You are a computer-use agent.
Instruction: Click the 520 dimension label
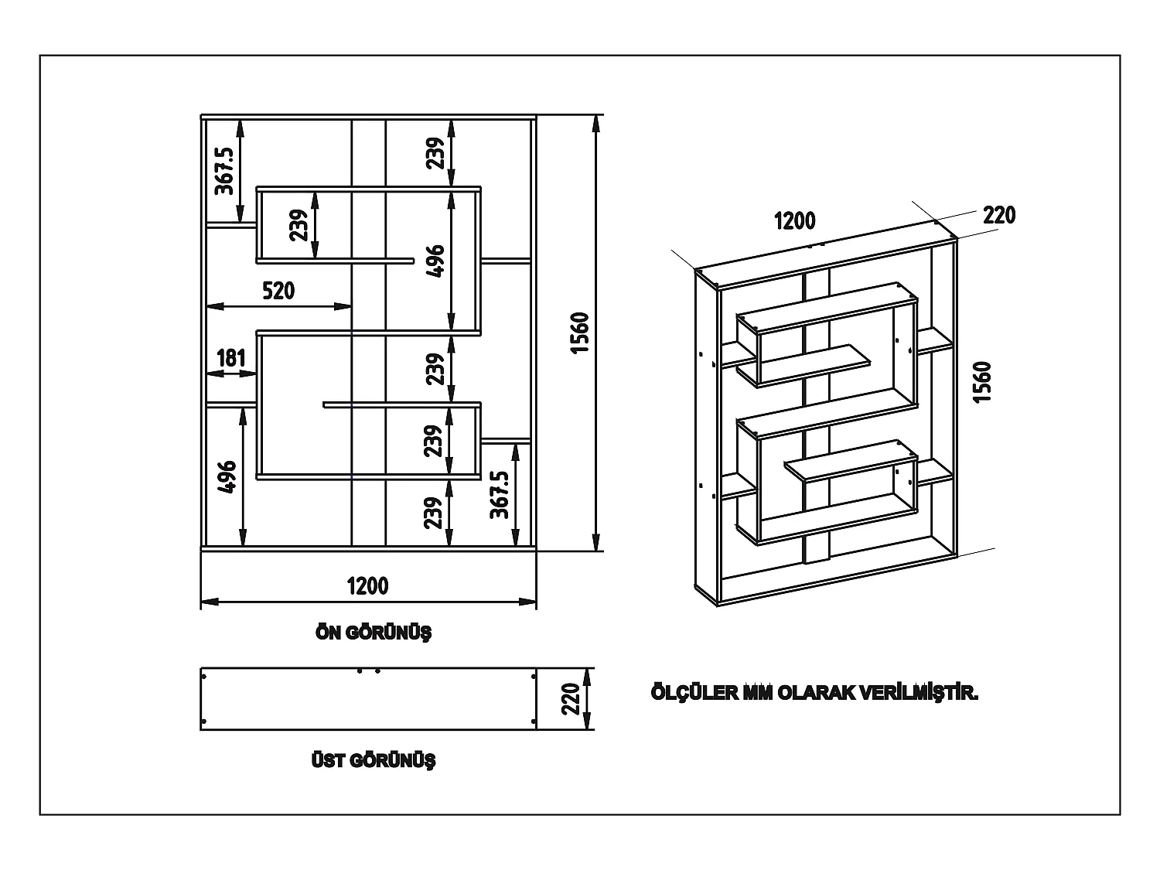(278, 291)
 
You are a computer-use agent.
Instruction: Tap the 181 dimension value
(231, 358)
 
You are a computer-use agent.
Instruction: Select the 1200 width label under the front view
(367, 586)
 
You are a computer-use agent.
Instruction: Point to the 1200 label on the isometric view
(794, 220)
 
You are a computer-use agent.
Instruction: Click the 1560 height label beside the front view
(580, 333)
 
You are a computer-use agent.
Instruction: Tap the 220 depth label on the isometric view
(998, 215)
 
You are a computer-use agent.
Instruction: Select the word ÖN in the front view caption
(329, 633)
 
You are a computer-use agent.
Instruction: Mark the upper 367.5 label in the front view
(223, 168)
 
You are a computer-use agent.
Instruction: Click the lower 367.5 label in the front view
(500, 495)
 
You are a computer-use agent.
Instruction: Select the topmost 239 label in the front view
(435, 152)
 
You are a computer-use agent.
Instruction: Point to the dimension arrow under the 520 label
(279, 306)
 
